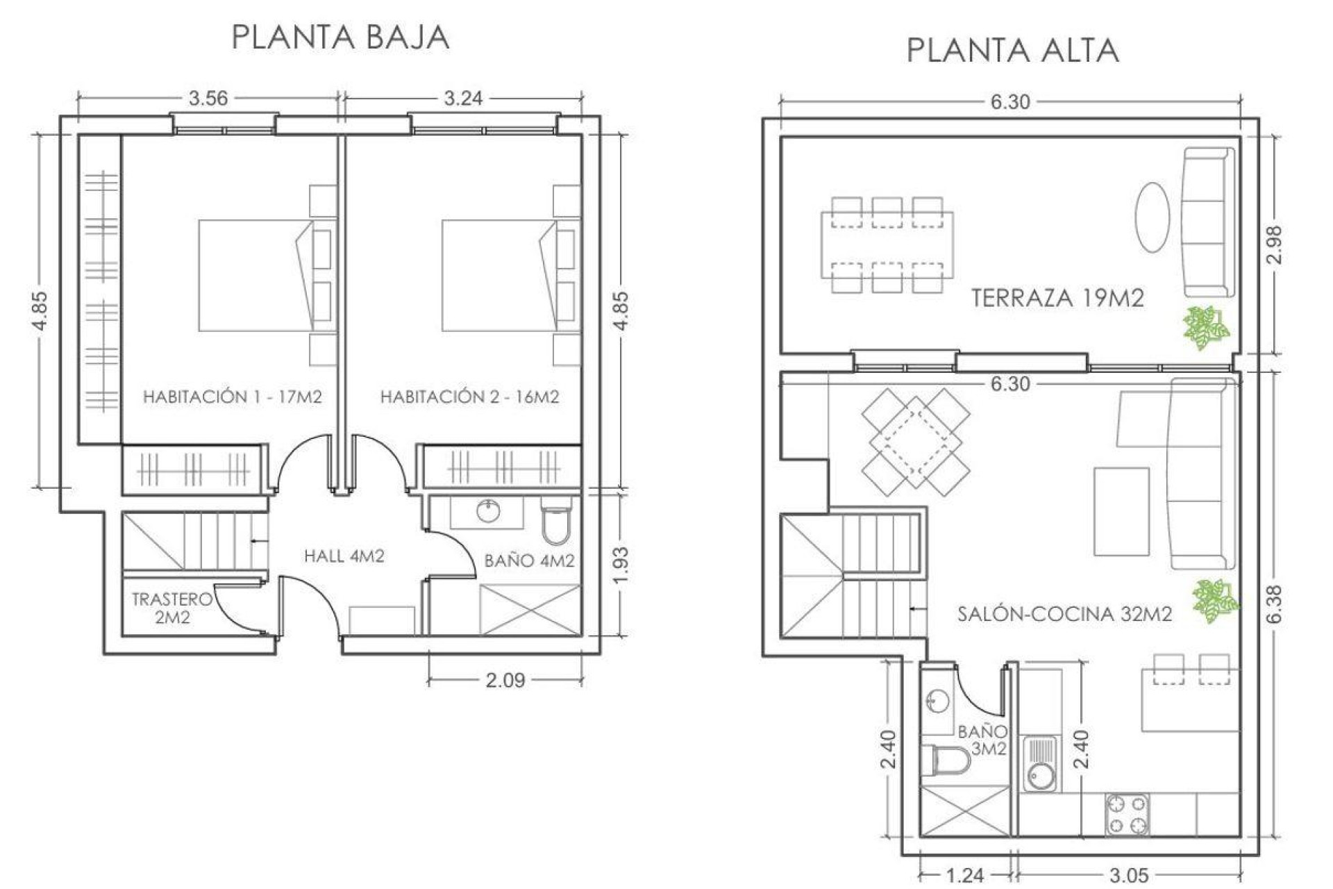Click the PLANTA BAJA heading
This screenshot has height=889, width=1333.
340,37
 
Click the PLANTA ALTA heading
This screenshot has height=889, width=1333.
1012,51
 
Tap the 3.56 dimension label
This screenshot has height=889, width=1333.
208,98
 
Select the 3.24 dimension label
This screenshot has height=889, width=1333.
463,98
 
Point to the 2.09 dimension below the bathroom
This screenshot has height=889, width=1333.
505,680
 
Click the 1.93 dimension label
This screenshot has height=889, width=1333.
621,565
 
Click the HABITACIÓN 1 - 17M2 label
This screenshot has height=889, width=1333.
232,397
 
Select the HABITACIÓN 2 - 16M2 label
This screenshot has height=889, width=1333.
469,397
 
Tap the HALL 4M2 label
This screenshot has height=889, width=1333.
344,556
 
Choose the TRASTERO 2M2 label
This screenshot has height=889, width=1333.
171,608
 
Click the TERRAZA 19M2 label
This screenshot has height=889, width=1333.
1057,298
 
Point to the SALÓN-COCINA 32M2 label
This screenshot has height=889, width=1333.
1064,614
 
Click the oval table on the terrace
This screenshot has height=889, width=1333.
1152,217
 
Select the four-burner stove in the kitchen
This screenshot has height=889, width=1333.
1126,815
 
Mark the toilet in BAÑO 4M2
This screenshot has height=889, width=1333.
555,525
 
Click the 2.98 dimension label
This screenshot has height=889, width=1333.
1274,244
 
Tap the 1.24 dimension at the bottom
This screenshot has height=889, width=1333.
964,875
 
